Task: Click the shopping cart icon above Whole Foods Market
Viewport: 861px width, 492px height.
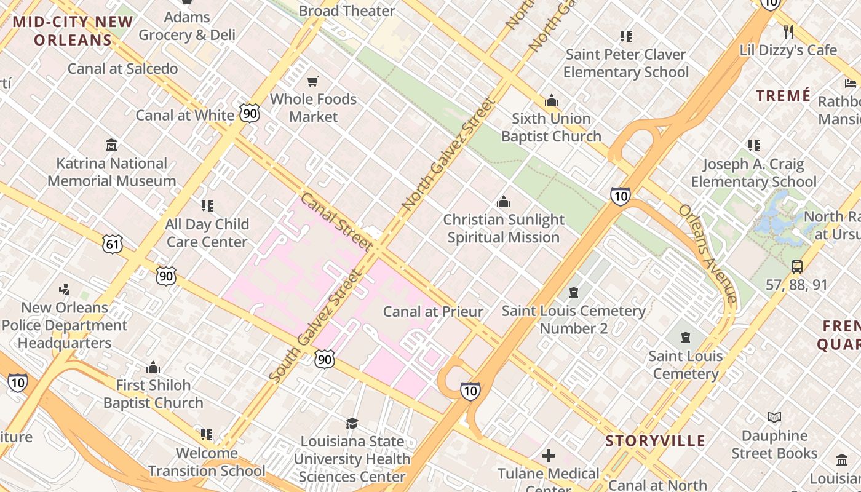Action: [x=313, y=81]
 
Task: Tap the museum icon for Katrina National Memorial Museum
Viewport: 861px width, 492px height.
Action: [x=111, y=145]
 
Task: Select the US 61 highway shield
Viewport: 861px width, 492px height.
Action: [x=113, y=244]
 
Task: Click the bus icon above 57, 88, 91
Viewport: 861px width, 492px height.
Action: [x=797, y=267]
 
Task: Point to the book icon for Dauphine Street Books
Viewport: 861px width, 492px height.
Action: [x=774, y=418]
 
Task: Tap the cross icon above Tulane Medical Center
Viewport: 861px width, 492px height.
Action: [x=549, y=456]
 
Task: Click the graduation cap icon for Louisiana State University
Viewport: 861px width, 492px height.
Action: [x=352, y=423]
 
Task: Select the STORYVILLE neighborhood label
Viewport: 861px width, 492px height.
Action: [x=655, y=441]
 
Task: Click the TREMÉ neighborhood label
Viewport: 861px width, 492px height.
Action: [x=783, y=96]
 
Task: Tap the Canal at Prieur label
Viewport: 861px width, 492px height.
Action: [x=433, y=312]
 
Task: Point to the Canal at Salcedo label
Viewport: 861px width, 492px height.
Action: [x=122, y=68]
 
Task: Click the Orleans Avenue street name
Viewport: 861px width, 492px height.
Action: [x=707, y=252]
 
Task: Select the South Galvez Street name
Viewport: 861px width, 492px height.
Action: [x=314, y=326]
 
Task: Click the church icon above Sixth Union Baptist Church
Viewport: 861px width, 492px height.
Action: [x=551, y=100]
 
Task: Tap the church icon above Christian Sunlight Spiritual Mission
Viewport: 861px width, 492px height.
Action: [x=504, y=202]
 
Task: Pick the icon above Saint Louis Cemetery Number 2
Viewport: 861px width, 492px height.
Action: [x=574, y=293]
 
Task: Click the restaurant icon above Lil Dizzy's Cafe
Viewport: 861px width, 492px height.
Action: [x=788, y=31]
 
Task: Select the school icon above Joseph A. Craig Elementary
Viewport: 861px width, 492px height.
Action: [x=753, y=146]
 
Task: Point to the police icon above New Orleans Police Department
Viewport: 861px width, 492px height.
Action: [x=64, y=289]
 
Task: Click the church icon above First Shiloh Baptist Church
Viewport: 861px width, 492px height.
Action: [x=153, y=367]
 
